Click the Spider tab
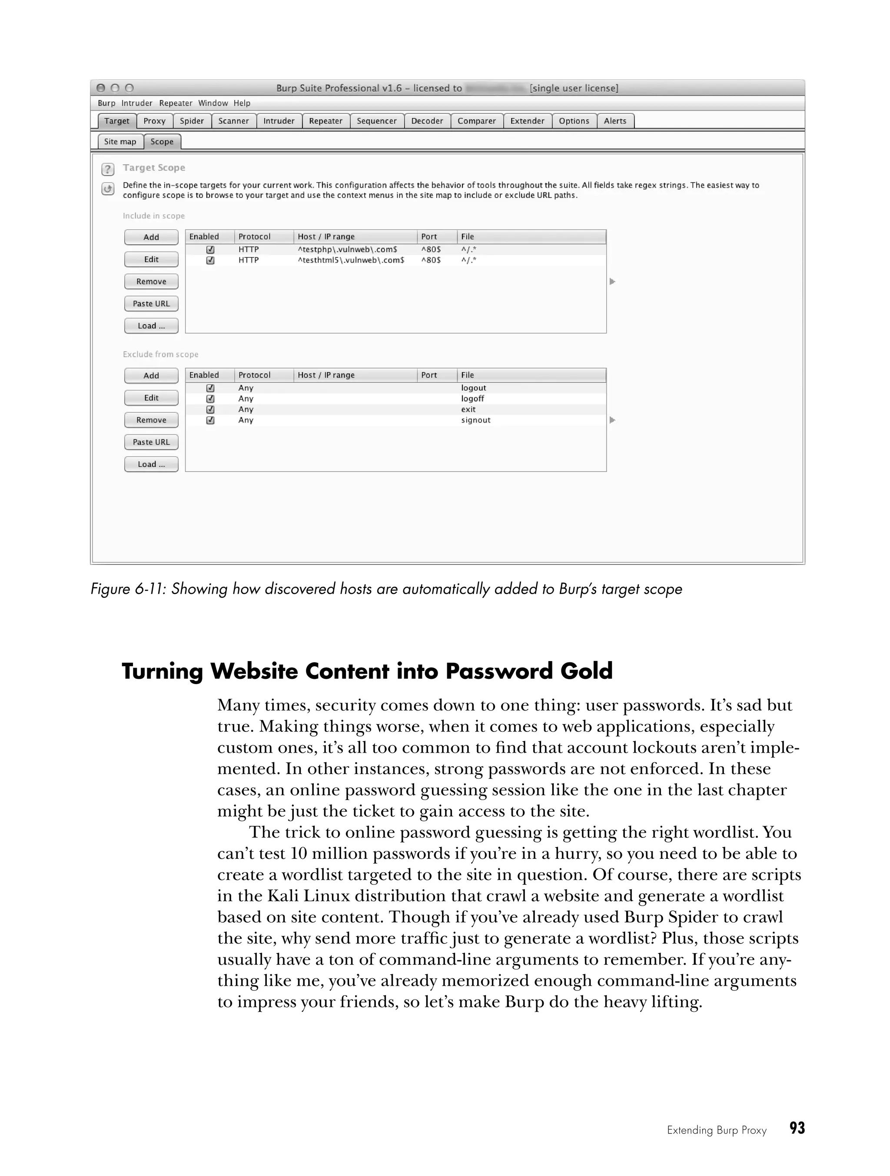pos(191,121)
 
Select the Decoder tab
pos(427,121)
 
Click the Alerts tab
pos(615,121)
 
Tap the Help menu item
pos(242,103)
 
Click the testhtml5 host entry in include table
pos(351,260)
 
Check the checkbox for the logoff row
pos(210,399)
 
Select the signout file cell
pos(476,420)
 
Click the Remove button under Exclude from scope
pos(151,420)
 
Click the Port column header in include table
pos(429,236)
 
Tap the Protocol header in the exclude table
pos(254,375)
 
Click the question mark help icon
pos(108,169)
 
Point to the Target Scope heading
pos(154,167)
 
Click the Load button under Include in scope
pos(151,326)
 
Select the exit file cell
pos(468,409)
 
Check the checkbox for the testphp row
pos(210,249)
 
